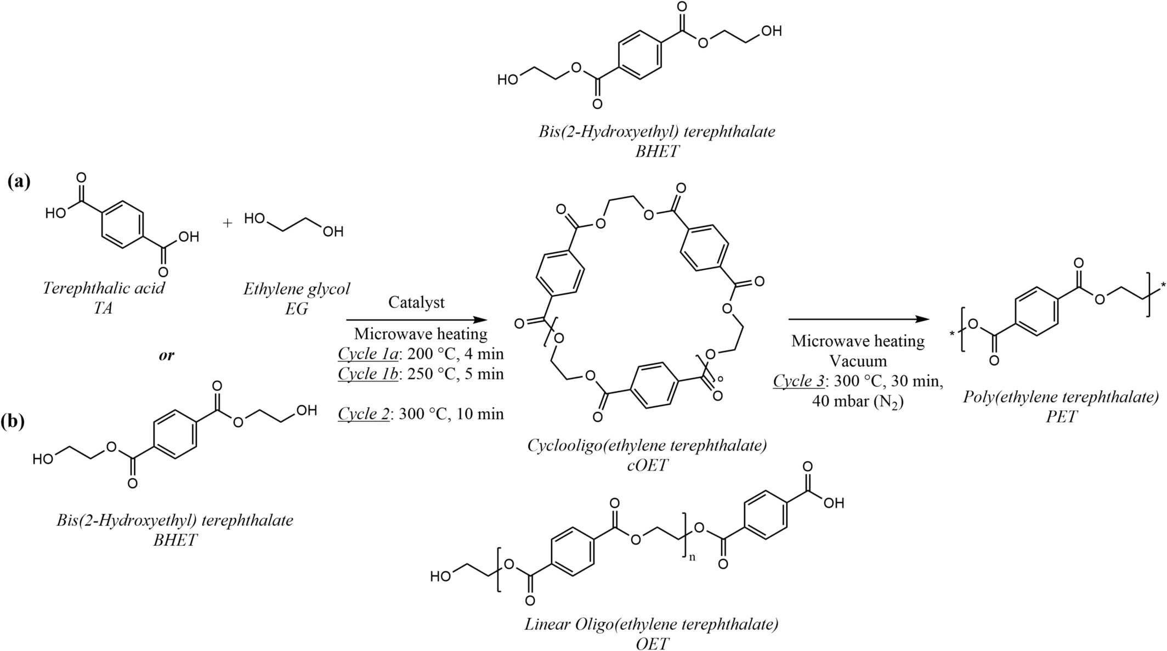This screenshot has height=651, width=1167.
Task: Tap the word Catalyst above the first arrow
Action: click(416, 302)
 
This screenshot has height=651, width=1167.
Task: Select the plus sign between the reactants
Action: click(228, 223)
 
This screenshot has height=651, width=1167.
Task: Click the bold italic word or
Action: click(166, 355)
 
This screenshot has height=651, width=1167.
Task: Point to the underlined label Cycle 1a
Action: click(368, 354)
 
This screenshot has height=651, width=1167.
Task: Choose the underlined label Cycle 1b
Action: click(368, 373)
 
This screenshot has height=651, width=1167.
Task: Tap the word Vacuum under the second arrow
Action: click(858, 361)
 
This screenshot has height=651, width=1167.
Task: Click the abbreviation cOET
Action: click(647, 465)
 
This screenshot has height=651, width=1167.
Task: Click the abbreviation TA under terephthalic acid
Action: click(103, 308)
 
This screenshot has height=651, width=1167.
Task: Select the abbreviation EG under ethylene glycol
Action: click(296, 309)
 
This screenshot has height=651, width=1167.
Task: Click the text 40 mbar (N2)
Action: click(858, 401)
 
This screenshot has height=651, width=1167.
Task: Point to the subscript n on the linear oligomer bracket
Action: click(692, 557)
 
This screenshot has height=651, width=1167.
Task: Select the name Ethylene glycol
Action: click(296, 288)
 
